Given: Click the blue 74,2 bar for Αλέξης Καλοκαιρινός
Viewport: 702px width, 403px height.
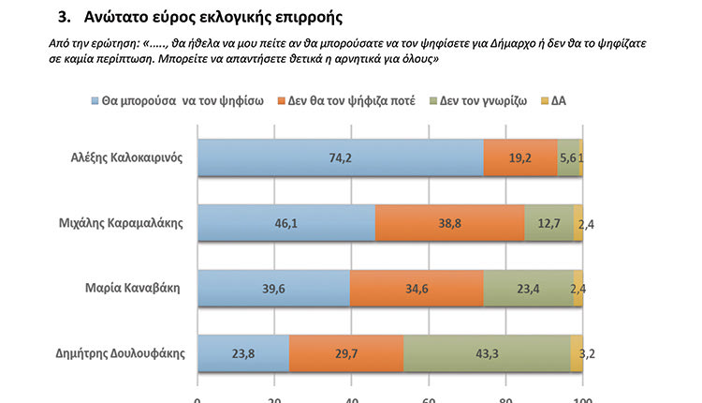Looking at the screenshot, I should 340,157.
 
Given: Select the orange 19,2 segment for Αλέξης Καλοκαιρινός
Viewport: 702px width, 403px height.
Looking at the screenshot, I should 519,157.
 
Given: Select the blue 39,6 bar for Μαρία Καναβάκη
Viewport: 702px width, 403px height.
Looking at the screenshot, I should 273,288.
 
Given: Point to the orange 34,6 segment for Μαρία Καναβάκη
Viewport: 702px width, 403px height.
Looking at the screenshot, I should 417,288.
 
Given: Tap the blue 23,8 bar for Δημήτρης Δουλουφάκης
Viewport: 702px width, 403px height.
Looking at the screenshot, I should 242,353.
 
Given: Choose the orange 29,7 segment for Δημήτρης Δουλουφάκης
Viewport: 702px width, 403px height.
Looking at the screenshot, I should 346,353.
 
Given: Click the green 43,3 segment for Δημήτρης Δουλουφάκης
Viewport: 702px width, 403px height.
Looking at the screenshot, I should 487,353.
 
